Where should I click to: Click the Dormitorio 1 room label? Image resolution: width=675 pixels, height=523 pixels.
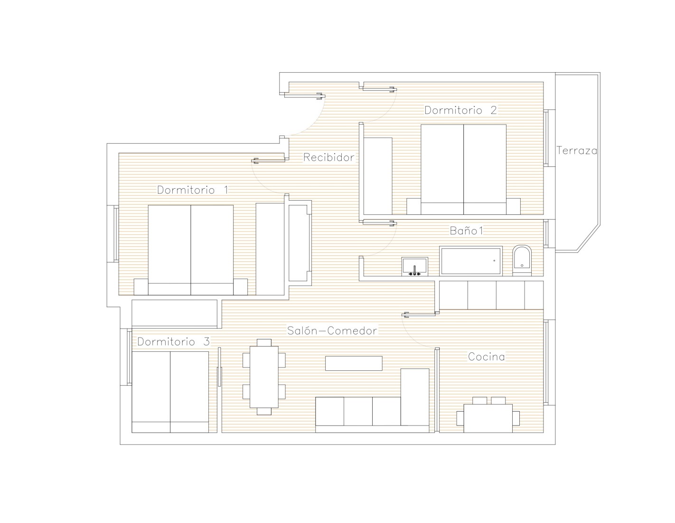[193, 190]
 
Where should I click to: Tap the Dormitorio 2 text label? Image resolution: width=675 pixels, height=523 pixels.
[460, 110]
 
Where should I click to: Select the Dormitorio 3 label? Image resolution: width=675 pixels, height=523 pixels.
[174, 342]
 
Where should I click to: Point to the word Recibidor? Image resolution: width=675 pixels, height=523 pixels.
[328, 157]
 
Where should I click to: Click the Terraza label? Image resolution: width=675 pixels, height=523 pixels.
[577, 151]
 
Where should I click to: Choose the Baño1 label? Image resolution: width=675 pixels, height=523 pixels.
[467, 231]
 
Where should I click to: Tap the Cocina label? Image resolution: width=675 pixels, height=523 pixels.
[487, 357]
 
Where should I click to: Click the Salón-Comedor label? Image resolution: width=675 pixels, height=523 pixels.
[332, 330]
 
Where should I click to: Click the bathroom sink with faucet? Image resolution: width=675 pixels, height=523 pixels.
[415, 267]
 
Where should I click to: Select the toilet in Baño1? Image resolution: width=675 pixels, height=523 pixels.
[522, 261]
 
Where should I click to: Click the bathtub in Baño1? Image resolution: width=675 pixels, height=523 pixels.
[471, 261]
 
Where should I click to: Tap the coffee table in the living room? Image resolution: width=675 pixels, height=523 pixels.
[354, 363]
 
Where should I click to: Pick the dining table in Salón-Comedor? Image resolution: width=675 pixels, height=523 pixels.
[264, 377]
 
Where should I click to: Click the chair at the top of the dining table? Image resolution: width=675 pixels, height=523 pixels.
[264, 342]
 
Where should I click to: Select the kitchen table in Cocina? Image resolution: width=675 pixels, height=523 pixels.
[488, 418]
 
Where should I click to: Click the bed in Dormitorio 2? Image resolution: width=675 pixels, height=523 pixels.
[463, 170]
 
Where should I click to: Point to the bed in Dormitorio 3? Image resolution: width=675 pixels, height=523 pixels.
[170, 392]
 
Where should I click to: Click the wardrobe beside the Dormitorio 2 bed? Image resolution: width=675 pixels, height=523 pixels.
[378, 176]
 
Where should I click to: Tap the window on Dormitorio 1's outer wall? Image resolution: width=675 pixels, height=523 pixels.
[116, 233]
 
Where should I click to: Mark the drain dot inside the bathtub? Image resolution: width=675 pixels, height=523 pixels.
[494, 261]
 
